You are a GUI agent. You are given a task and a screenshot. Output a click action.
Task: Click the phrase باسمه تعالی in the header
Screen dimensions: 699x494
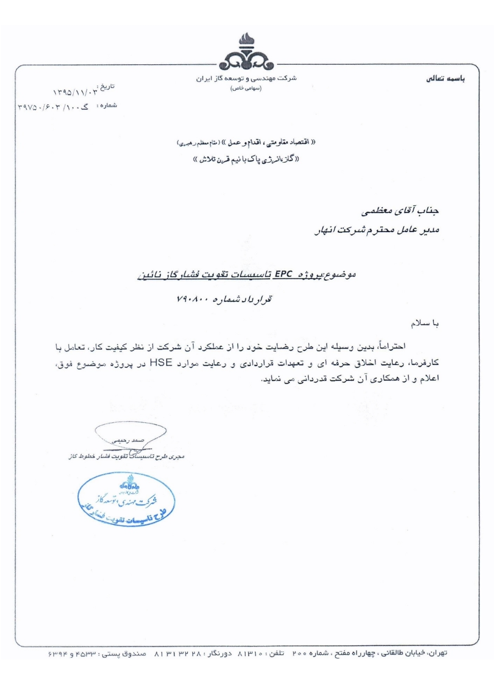pyautogui.click(x=445, y=79)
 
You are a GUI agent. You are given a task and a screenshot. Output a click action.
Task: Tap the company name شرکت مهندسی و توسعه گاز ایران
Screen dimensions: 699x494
pyautogui.click(x=246, y=78)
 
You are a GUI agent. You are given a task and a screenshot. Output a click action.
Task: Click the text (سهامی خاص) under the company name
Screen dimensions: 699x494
pyautogui.click(x=246, y=88)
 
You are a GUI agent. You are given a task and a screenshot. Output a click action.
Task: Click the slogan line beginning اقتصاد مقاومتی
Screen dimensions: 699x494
pyautogui.click(x=246, y=143)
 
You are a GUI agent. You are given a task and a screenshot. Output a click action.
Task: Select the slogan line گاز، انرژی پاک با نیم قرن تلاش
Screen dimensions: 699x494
pyautogui.click(x=246, y=159)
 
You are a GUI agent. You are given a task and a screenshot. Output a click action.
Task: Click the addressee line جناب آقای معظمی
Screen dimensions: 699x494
pyautogui.click(x=400, y=212)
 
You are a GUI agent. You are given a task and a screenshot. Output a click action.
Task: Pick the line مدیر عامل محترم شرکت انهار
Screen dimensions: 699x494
pyautogui.click(x=377, y=230)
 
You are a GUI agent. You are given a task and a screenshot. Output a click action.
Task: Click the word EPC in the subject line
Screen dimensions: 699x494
pyautogui.click(x=283, y=274)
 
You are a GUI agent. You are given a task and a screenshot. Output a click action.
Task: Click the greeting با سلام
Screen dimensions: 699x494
pyautogui.click(x=424, y=324)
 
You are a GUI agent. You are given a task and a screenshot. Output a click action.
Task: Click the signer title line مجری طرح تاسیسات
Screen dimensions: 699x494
pyautogui.click(x=126, y=456)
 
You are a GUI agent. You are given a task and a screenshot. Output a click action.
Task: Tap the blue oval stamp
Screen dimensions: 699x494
pyautogui.click(x=127, y=499)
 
